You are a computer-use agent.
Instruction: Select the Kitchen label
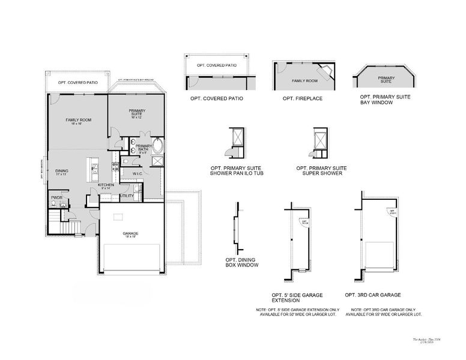pyautogui.click(x=106, y=187)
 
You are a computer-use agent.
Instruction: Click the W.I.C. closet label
pyautogui.click(x=137, y=174)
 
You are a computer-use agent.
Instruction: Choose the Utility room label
pyautogui.click(x=127, y=196)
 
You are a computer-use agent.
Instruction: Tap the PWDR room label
pyautogui.click(x=57, y=197)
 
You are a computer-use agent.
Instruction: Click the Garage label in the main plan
pyautogui.click(x=130, y=234)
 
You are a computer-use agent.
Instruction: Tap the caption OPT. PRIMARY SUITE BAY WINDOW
pyautogui.click(x=384, y=99)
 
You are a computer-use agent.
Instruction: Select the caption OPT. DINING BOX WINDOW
pyautogui.click(x=240, y=263)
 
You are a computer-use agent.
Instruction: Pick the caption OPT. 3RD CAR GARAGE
pyautogui.click(x=373, y=295)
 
